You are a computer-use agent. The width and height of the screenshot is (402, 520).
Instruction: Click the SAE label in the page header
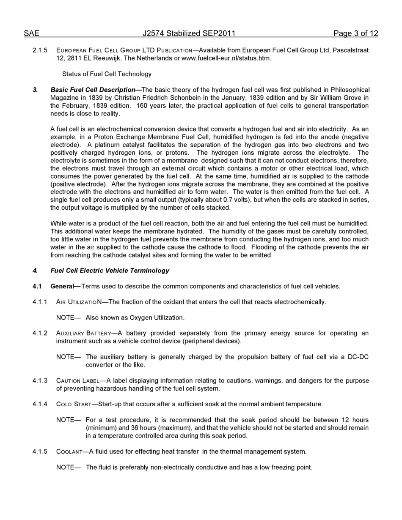31,33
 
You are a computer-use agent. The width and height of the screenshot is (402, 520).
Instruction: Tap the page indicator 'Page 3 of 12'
355,33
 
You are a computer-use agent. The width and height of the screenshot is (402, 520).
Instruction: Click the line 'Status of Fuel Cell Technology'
107,74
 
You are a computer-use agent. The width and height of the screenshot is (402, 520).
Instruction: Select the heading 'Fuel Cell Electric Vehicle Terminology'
110,271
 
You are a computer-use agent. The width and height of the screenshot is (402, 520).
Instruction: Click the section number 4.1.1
40,302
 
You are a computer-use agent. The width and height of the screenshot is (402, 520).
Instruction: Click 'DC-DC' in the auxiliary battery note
358,357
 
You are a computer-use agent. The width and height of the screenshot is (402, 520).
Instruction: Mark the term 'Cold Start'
74,404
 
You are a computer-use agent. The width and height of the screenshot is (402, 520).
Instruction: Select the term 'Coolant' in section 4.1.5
69,452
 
